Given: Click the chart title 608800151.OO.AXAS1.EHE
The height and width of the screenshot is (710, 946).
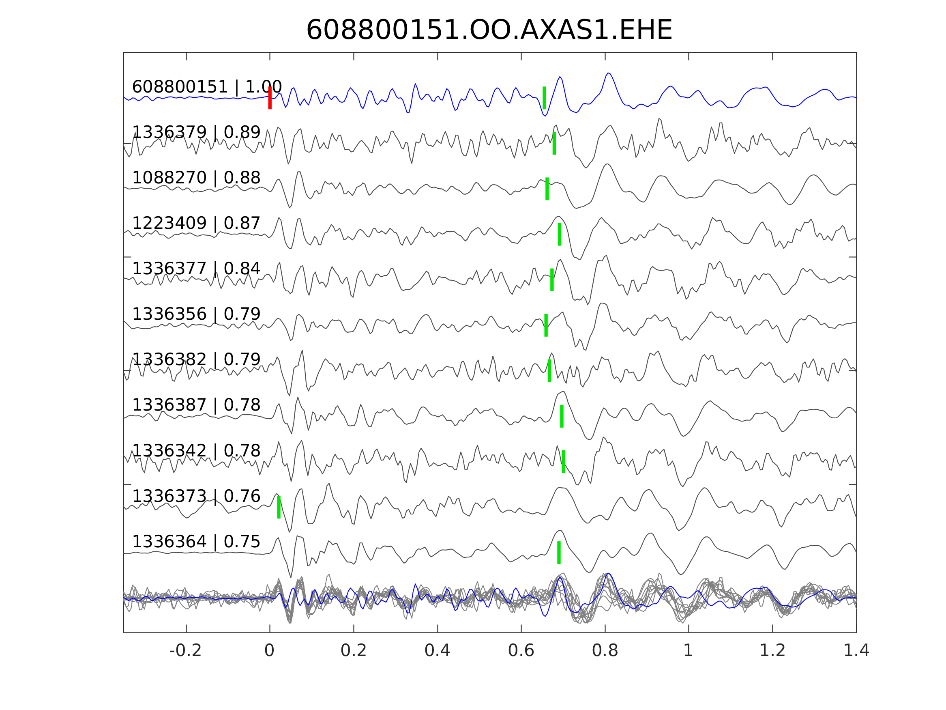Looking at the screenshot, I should point(489,30).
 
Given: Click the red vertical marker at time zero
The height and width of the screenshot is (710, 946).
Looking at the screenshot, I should point(270,98).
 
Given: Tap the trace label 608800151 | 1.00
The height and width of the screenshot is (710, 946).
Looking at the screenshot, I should point(206,87).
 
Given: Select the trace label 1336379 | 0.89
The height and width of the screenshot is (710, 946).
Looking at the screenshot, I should point(196,132).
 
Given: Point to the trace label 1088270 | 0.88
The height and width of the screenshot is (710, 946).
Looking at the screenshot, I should point(196,178).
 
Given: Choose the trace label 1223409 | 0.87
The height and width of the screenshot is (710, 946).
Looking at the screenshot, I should point(196,223).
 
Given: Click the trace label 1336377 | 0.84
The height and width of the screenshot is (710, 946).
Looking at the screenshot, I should point(196,269).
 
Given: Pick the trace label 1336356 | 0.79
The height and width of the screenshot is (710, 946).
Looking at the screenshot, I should point(196,314).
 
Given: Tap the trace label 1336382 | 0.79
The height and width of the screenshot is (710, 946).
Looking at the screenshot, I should point(196,359).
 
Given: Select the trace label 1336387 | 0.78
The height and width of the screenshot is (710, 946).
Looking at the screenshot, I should point(196,405).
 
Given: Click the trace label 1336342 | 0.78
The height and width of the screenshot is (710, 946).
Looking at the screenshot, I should point(196,451).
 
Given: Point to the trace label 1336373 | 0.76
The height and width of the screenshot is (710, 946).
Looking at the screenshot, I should point(196,496).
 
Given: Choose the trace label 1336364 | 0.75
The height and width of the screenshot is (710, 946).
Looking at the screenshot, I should point(196,542).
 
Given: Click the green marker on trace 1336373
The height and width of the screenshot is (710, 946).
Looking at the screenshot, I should point(279,507).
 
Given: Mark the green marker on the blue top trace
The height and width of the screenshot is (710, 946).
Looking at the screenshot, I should point(545,98).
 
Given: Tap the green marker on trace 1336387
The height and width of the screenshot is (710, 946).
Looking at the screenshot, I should point(562,416).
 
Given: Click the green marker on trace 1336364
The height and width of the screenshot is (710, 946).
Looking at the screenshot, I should point(559,553).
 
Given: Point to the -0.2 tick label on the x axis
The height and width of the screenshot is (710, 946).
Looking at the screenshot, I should point(185,651).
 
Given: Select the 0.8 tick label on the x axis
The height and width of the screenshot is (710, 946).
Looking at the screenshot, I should point(605,651).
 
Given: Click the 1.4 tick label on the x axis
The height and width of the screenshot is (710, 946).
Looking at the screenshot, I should point(856,651).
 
